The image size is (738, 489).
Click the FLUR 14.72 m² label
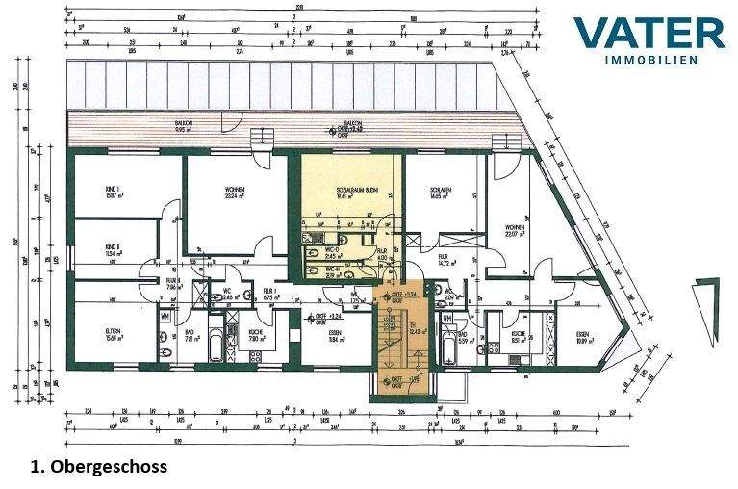445,260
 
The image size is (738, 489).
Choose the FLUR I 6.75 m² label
269,295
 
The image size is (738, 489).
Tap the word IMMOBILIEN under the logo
663,60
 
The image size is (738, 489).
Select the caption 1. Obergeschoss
98,466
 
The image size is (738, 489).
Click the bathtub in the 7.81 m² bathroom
215,345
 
